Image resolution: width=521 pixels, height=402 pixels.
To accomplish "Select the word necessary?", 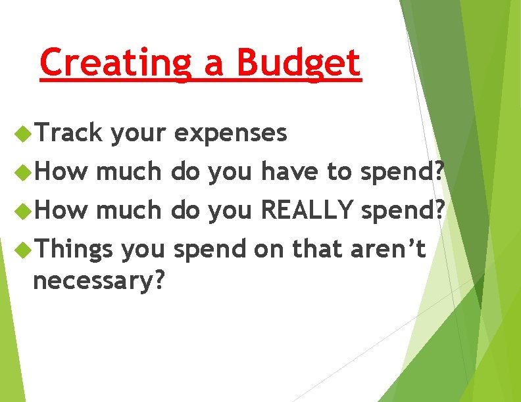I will click(x=98, y=281).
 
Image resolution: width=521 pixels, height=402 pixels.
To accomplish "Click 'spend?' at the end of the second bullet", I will click(x=404, y=173).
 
